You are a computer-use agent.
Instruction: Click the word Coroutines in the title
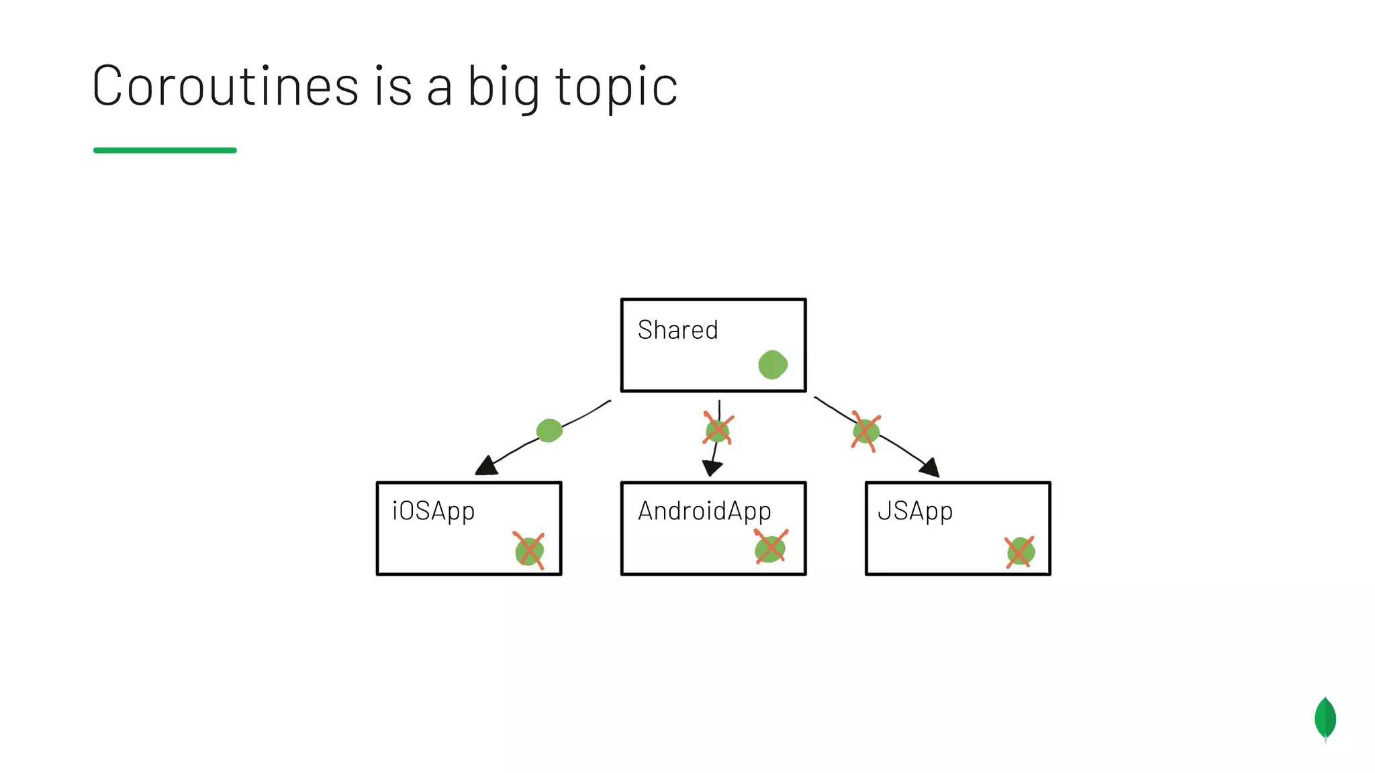click(225, 86)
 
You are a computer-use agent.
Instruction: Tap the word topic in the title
click(616, 87)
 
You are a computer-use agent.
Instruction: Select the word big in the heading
click(503, 87)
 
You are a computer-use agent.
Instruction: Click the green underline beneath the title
click(164, 150)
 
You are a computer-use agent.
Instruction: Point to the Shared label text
click(677, 330)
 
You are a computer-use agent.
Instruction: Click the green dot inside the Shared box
click(773, 364)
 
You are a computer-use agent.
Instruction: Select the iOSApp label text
click(434, 511)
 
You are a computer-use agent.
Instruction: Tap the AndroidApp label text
click(704, 511)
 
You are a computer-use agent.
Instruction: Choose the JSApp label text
click(915, 511)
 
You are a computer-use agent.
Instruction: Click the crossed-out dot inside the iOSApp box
click(529, 551)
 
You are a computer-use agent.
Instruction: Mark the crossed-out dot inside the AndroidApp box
click(770, 548)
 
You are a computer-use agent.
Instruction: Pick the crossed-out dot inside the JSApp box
click(1021, 552)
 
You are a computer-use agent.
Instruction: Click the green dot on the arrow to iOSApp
click(549, 430)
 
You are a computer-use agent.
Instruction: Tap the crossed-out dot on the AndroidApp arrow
click(718, 430)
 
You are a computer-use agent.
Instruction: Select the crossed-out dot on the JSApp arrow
click(865, 431)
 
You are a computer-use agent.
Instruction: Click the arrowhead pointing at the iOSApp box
click(487, 466)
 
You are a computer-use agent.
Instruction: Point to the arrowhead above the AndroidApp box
click(712, 468)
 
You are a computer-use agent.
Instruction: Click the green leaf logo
click(1325, 719)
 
